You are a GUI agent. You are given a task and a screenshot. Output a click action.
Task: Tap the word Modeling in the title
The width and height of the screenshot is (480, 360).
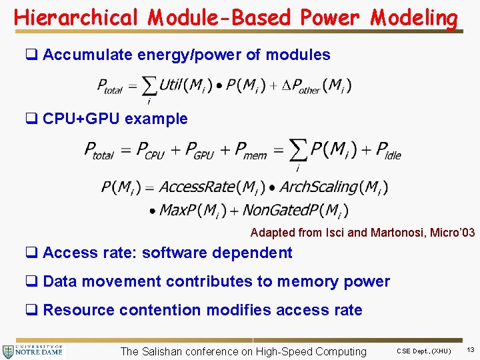[x=414, y=18]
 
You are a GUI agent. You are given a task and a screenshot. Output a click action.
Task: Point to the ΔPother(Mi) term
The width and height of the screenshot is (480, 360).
[x=321, y=85]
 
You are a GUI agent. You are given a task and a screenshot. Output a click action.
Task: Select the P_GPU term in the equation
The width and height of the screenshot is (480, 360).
[x=199, y=151]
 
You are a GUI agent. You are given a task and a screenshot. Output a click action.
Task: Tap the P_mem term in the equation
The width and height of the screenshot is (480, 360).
[x=250, y=151]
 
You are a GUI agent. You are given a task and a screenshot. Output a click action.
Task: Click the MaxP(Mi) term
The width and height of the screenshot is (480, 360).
[x=187, y=211]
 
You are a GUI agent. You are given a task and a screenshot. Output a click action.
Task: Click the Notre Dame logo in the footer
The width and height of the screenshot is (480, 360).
[x=33, y=351]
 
